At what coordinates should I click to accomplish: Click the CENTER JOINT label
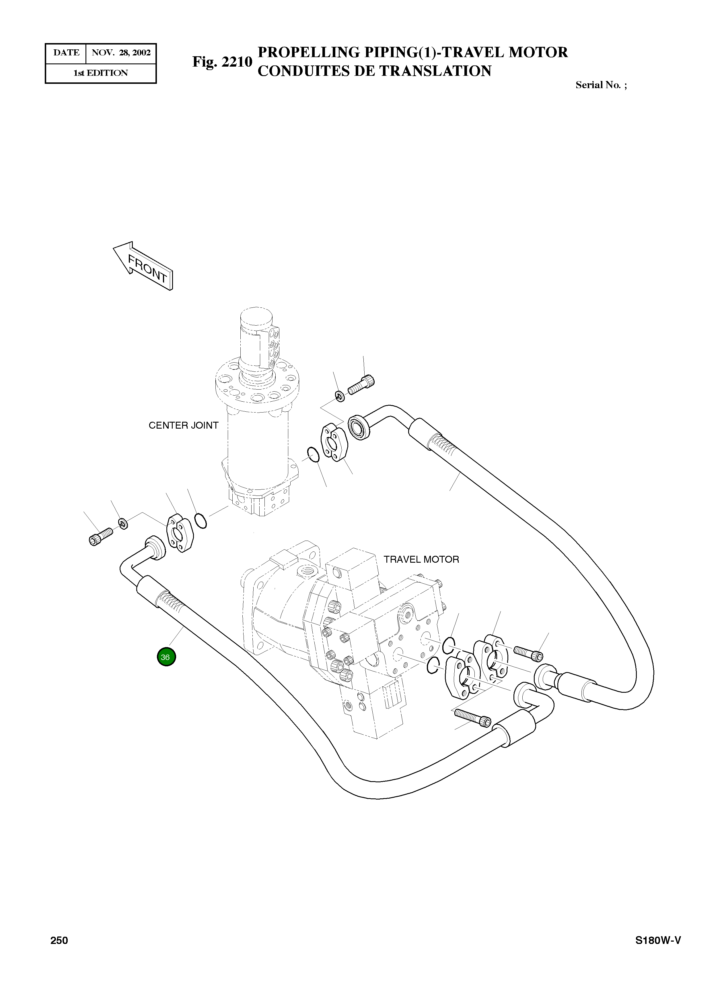point(183,425)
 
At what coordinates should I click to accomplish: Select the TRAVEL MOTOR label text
point(421,559)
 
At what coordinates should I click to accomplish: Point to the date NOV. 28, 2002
point(121,53)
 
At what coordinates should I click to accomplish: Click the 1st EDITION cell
point(100,73)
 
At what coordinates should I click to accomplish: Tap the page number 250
point(59,953)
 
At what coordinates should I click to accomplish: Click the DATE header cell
point(66,53)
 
